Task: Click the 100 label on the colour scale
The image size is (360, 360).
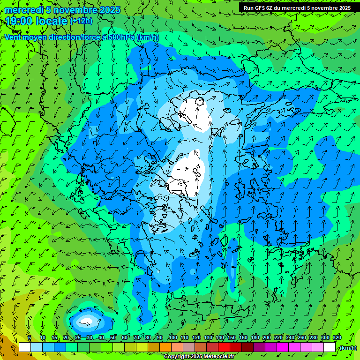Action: pyautogui.click(x=173, y=338)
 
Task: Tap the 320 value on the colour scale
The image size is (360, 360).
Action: pyautogui.click(x=337, y=338)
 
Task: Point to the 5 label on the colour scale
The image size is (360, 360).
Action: pyautogui.click(x=30, y=338)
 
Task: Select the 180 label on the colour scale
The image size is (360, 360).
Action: pyautogui.click(x=255, y=338)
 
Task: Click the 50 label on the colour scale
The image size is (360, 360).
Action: pyautogui.click(x=113, y=338)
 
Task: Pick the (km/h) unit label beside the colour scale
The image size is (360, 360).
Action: pyautogui.click(x=347, y=348)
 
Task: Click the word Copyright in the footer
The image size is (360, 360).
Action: pyautogui.click(x=177, y=357)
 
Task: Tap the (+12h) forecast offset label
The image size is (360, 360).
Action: pyautogui.click(x=81, y=21)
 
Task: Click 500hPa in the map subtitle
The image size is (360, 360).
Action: pyautogui.click(x=119, y=37)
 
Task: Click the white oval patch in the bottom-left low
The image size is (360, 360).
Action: pyautogui.click(x=87, y=322)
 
